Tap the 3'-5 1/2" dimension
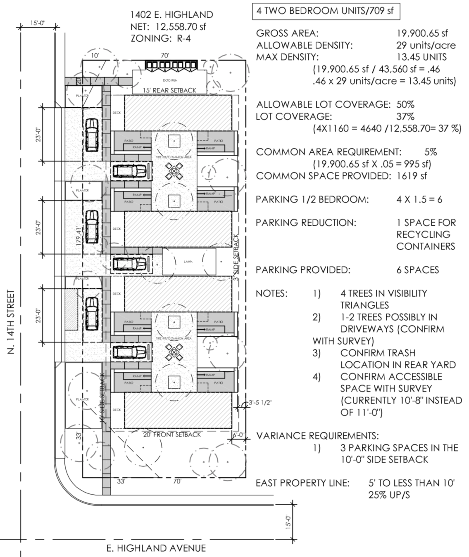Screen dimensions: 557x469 click(x=260, y=403)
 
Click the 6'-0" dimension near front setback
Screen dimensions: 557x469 click(x=239, y=434)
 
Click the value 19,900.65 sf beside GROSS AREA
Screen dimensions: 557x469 click(x=422, y=33)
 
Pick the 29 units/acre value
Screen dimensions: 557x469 click(x=426, y=45)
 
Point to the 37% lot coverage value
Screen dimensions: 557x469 click(x=405, y=117)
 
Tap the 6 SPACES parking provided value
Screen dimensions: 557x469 click(x=417, y=270)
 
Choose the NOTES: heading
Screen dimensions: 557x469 click(x=272, y=293)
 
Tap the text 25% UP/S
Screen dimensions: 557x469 click(x=389, y=495)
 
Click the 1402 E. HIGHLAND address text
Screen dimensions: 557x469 click(x=171, y=15)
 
